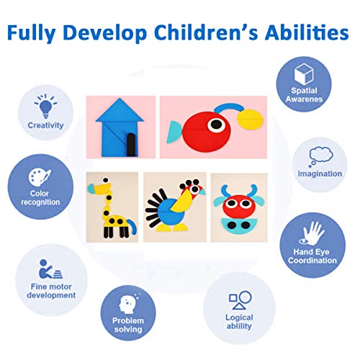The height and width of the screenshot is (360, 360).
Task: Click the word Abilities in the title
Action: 307,32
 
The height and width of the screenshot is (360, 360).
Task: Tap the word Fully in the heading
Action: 32,34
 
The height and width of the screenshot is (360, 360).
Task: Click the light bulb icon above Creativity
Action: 46,106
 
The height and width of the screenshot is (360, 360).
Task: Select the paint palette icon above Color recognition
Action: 40,177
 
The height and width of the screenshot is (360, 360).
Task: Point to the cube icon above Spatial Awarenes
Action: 304,74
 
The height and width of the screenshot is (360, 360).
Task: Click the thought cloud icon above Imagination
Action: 320,156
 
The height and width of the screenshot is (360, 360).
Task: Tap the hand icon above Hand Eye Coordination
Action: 312,233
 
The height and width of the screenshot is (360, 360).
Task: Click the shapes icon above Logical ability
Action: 240,300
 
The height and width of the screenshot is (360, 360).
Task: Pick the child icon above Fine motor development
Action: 50,269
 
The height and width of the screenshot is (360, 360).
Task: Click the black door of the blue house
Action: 131,145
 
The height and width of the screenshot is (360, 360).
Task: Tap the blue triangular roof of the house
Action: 120,110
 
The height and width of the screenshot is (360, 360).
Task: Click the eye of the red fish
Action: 217,125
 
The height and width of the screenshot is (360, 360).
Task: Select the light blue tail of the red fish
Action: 174,132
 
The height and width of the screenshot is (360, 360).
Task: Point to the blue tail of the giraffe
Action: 132,226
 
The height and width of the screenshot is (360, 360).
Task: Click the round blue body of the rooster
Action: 171,212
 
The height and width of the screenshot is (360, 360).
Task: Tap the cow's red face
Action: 238,206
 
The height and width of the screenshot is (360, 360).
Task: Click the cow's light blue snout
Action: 239,226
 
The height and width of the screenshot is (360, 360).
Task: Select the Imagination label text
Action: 320,174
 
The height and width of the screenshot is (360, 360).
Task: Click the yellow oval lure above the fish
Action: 251,120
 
